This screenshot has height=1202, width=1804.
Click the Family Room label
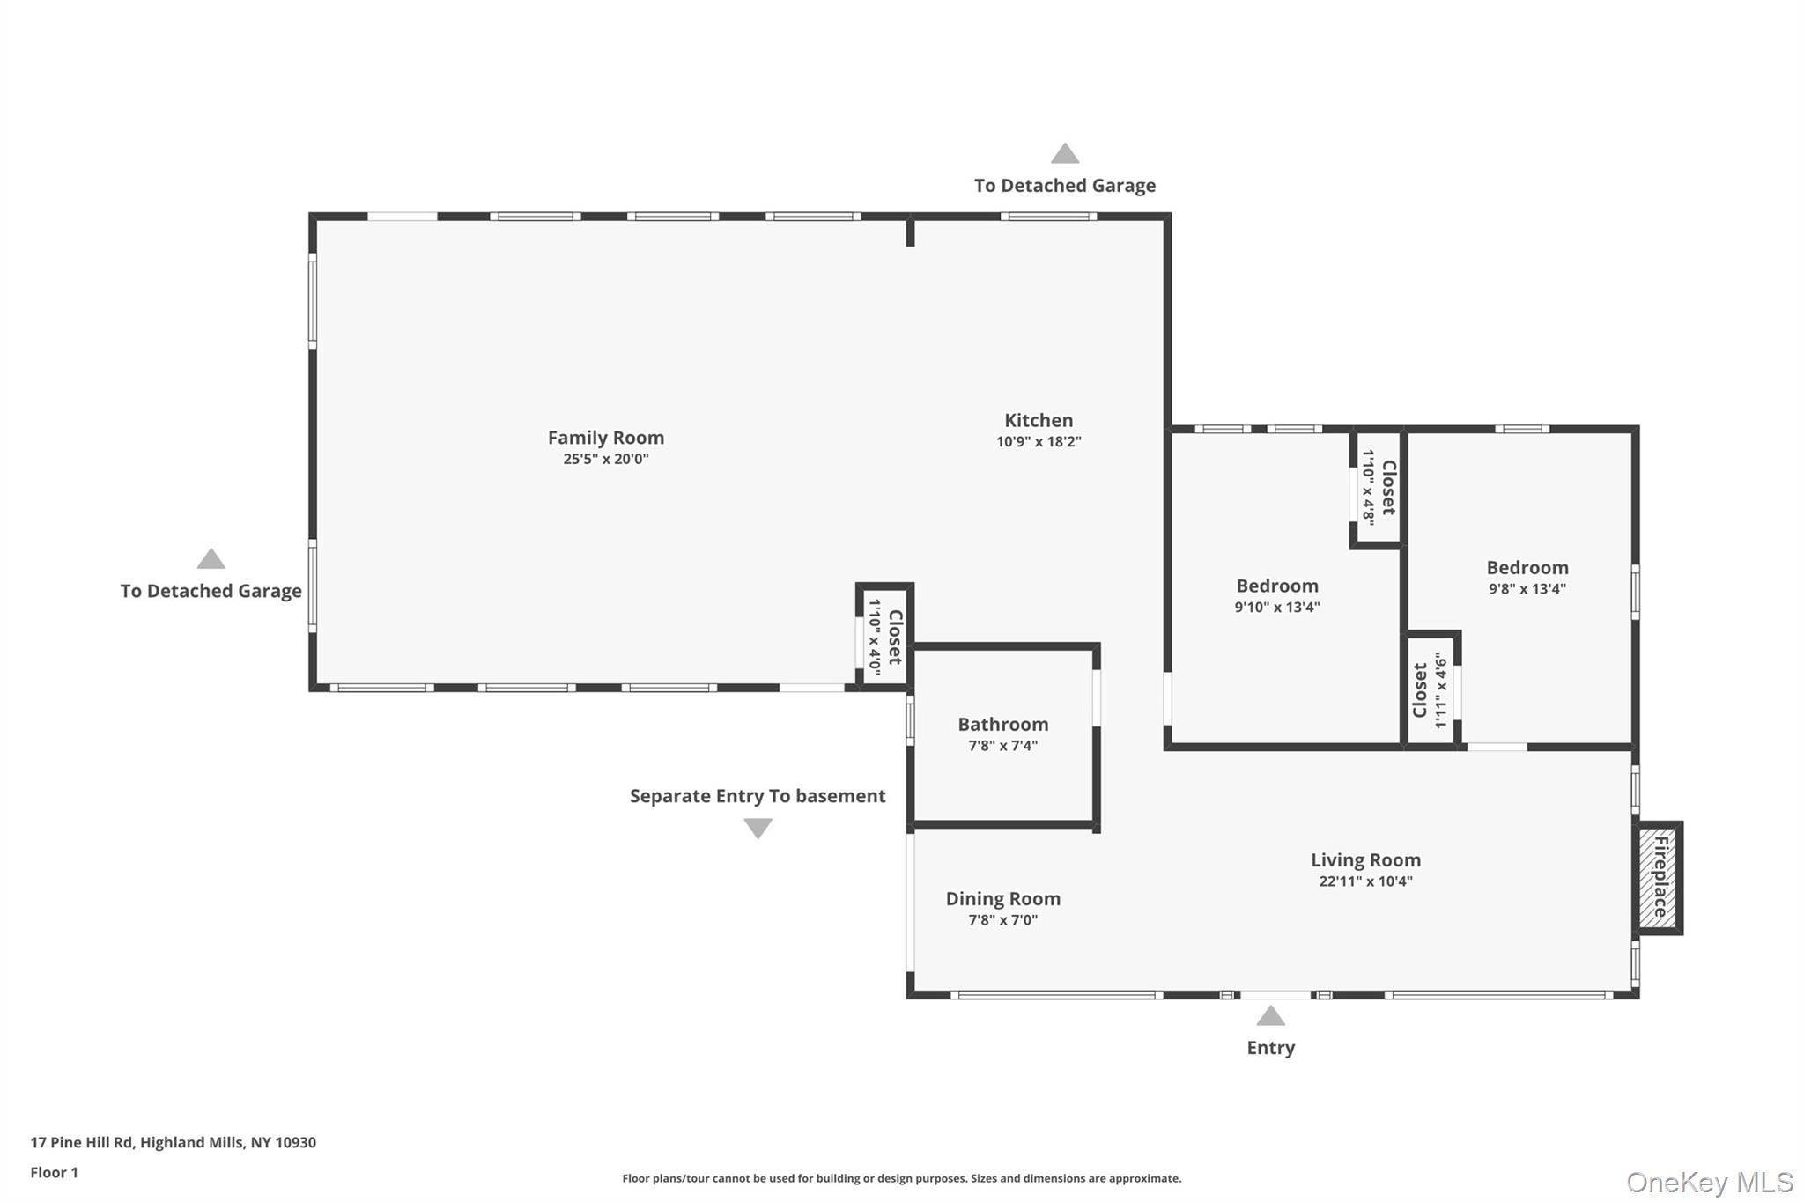pyautogui.click(x=605, y=438)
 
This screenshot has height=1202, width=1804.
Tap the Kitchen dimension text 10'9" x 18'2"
pyautogui.click(x=1039, y=442)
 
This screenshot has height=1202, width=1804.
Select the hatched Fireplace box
pyautogui.click(x=1660, y=877)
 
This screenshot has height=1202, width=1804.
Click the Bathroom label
pyautogui.click(x=1002, y=724)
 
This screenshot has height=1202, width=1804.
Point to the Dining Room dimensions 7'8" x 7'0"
pyautogui.click(x=1002, y=920)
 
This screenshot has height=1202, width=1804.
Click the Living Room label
pyautogui.click(x=1364, y=859)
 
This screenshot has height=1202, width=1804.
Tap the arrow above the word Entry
pyautogui.click(x=1269, y=1016)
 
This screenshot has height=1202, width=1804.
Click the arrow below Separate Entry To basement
pyautogui.click(x=758, y=828)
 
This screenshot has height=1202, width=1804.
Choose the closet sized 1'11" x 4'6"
pyautogui.click(x=1431, y=690)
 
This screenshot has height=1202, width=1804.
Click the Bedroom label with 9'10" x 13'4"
pyautogui.click(x=1276, y=586)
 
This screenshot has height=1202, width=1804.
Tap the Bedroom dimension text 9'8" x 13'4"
pyautogui.click(x=1527, y=589)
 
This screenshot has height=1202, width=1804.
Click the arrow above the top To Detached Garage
pyautogui.click(x=1064, y=154)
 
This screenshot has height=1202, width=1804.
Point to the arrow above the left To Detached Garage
pyautogui.click(x=211, y=559)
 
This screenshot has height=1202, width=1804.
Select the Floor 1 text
pyautogui.click(x=55, y=1172)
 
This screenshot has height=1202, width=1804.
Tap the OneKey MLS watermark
pyautogui.click(x=1709, y=1182)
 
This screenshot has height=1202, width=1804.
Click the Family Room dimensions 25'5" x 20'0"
pyautogui.click(x=605, y=459)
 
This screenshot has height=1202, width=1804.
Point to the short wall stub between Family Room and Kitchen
pyautogui.click(x=910, y=232)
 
